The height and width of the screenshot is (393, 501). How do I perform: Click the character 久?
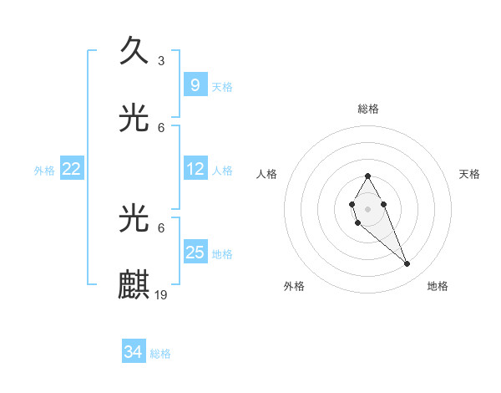tap(134, 51)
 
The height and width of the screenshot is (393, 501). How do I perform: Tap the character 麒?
tap(134, 285)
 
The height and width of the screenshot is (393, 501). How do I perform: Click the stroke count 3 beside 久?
tap(161, 60)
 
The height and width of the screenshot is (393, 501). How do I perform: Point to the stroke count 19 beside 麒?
tap(162, 294)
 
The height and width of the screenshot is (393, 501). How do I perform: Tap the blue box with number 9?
tap(195, 85)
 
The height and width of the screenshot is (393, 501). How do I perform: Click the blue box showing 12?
tap(195, 169)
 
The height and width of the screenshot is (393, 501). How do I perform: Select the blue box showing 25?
tap(195, 253)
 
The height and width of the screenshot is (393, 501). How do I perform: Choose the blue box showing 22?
tap(72, 169)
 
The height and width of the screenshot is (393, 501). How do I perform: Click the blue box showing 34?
tap(134, 353)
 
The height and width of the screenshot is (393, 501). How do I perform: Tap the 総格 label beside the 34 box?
tap(160, 354)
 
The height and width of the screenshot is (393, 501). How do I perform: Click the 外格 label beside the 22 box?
tap(44, 170)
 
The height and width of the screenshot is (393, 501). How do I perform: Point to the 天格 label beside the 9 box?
tap(222, 86)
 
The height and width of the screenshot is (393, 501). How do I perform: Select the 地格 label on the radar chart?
tap(438, 286)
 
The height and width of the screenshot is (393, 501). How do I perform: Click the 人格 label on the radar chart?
tap(267, 174)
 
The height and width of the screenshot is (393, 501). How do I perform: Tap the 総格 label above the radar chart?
tap(368, 109)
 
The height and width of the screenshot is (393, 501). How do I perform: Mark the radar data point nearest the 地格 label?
tap(407, 264)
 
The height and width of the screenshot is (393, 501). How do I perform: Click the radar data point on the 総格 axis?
tap(367, 176)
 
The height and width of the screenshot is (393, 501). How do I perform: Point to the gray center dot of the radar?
tap(367, 208)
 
